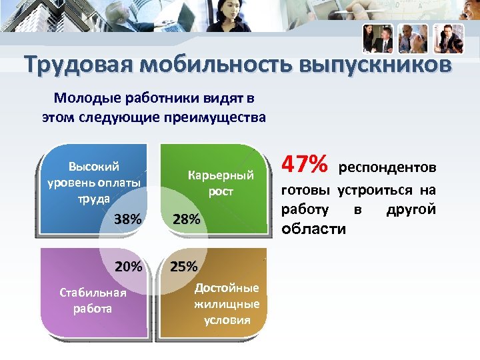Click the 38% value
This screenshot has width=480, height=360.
(x=127, y=219)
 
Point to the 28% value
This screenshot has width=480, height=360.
(x=185, y=219)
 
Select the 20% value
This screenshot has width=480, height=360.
(x=128, y=267)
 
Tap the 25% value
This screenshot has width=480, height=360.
(x=184, y=267)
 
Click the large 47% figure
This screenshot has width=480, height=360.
(x=305, y=163)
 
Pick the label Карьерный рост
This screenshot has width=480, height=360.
(x=221, y=183)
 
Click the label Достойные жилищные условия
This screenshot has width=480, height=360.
(x=227, y=304)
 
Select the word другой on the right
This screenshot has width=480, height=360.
(x=411, y=209)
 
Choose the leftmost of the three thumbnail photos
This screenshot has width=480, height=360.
(x=378, y=39)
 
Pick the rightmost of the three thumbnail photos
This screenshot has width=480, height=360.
(x=448, y=39)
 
